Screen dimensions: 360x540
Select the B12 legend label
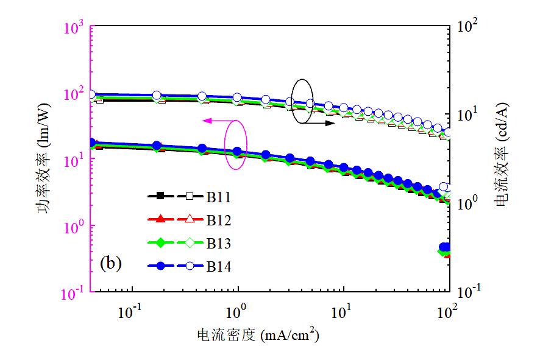click(218, 219)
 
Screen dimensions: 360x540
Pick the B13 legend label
click(218, 243)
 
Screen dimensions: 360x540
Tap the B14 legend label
click(218, 266)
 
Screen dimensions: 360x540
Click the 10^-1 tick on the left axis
click(74, 294)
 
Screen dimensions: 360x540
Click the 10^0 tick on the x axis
click(236, 312)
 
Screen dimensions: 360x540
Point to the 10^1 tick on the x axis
click(343, 312)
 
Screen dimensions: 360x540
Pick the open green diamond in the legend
click(190, 243)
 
